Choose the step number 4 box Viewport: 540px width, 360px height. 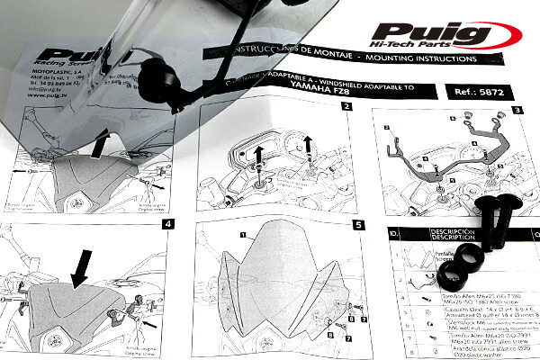[x=167, y=224]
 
